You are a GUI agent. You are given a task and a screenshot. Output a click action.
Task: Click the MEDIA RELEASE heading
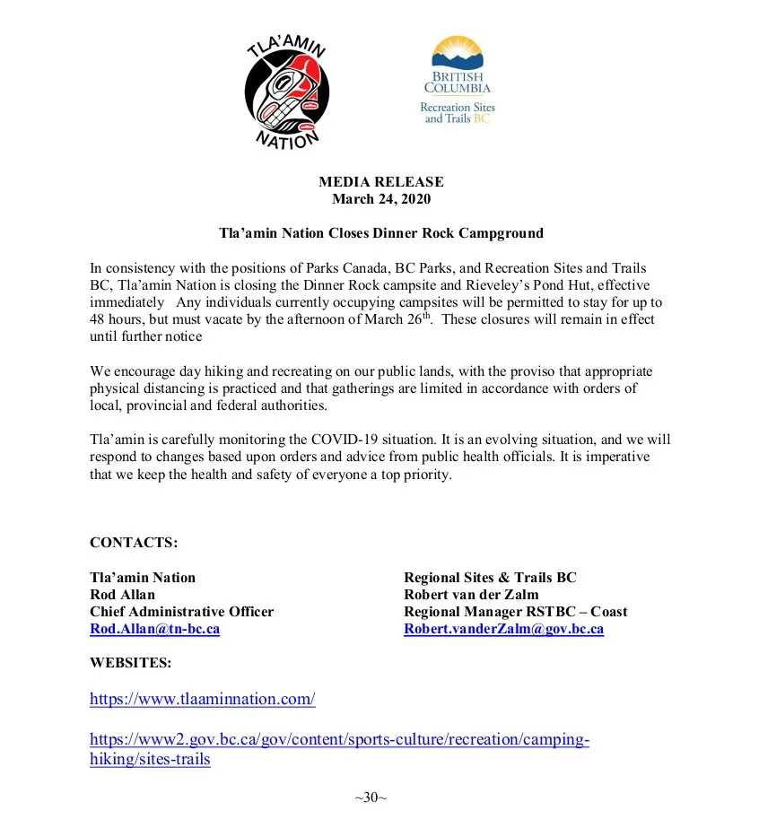coord(380,182)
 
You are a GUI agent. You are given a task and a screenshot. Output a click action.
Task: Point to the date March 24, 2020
coord(380,198)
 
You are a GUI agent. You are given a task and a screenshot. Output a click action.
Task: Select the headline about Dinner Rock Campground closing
coord(380,233)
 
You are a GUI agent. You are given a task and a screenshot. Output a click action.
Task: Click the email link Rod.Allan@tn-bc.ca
coord(154,629)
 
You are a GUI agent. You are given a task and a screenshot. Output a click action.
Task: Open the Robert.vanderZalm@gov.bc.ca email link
coord(503,629)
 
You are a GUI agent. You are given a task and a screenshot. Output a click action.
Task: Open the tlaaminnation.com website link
coord(202,698)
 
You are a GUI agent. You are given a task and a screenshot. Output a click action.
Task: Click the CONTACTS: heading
coord(134,543)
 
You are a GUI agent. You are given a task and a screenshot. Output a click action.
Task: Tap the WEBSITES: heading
coord(130,663)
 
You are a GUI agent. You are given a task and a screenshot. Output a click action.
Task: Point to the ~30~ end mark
coord(371,797)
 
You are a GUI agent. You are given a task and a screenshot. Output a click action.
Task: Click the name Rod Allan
coord(122,595)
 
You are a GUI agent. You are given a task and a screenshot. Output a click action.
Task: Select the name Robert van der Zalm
coord(472,595)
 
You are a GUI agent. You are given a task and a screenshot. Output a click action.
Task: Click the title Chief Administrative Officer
coord(181,612)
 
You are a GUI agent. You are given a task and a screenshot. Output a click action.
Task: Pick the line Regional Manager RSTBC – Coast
coord(515,612)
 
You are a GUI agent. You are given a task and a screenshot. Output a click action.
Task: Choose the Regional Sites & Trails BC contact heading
coord(490,578)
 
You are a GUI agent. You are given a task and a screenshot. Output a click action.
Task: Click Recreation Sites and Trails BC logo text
coord(458,113)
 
